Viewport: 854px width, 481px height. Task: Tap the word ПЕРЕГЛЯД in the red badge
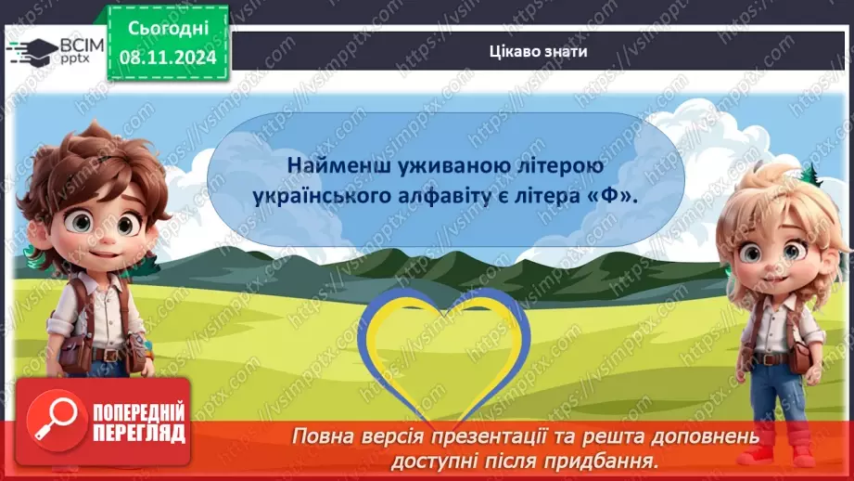138,432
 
